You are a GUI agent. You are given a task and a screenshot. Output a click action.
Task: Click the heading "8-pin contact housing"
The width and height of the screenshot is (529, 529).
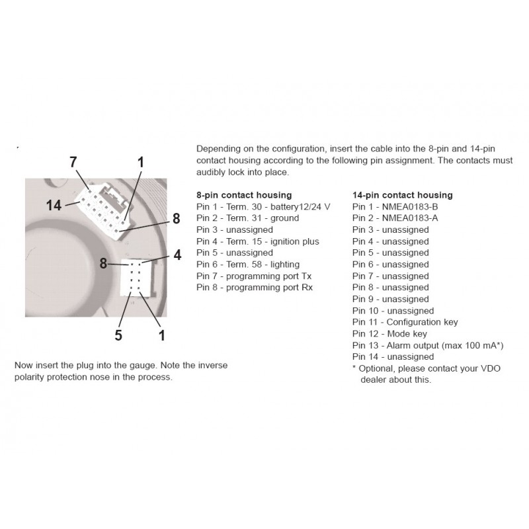(244, 195)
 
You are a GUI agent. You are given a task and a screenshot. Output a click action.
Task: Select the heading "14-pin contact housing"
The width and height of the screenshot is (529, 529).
(402, 195)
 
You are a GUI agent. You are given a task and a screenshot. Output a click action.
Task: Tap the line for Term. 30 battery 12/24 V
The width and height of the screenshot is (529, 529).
(263, 207)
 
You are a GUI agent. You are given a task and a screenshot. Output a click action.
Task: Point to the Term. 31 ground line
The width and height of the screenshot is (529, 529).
(247, 218)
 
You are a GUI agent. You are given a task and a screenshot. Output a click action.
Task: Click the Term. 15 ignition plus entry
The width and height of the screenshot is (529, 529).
(258, 241)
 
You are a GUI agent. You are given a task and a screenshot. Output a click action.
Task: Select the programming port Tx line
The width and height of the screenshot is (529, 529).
(255, 276)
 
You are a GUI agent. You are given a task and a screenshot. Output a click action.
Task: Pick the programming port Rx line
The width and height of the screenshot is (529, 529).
(255, 288)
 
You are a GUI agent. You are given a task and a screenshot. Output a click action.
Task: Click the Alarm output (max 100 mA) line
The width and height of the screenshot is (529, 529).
(428, 345)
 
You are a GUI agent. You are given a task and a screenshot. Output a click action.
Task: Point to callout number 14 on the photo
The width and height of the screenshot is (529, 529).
(54, 206)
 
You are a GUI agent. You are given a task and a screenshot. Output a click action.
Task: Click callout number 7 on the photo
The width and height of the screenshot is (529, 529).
(73, 162)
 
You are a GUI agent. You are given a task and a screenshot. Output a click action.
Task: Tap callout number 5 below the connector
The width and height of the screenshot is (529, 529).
(118, 335)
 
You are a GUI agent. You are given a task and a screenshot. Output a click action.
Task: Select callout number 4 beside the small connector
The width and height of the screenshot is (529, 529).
(177, 255)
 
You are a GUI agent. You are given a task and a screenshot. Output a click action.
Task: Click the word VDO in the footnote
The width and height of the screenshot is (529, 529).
(419, 369)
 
